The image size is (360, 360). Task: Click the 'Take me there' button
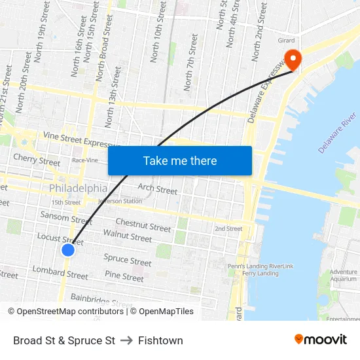(x=180, y=160)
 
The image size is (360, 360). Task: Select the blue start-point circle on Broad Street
(x=68, y=249)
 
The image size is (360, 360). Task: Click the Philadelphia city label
(x=78, y=189)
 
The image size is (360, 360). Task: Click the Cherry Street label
(x=37, y=159)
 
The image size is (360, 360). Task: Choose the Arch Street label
(x=158, y=189)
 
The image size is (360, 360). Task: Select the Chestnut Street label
(x=143, y=226)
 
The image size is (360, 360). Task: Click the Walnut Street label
(x=127, y=236)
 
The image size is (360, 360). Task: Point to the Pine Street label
(x=124, y=277)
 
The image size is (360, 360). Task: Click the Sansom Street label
(x=66, y=217)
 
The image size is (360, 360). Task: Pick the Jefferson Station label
(x=120, y=201)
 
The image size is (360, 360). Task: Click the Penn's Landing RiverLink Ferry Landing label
(x=261, y=270)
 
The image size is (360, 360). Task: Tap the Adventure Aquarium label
(x=344, y=275)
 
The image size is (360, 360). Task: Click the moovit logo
(x=321, y=339)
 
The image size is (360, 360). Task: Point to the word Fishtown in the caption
(x=160, y=340)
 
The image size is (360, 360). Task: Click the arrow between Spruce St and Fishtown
(x=126, y=340)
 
